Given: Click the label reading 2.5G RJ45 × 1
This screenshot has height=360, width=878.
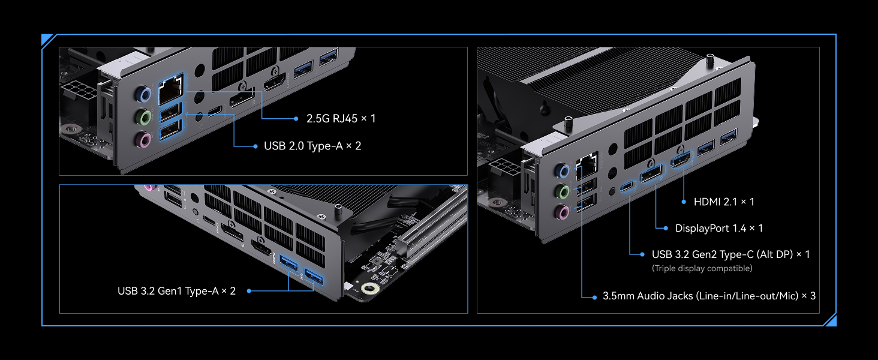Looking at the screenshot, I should (341, 118).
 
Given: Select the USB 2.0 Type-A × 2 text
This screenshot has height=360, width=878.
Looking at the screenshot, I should (312, 146).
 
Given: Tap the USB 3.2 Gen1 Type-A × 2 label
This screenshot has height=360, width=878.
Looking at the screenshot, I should (176, 291).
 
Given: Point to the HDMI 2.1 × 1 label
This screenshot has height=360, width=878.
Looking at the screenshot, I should (724, 202).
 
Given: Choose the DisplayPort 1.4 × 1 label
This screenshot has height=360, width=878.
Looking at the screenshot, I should (718, 228).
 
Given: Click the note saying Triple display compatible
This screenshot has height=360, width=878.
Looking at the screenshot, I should (702, 268).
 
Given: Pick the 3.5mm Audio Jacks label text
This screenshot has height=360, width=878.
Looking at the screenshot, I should (709, 296).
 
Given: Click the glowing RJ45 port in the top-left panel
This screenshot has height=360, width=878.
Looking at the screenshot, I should (170, 91).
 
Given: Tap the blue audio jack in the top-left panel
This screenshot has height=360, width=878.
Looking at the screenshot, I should (142, 94).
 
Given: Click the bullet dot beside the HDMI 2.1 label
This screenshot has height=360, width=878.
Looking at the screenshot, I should (684, 202).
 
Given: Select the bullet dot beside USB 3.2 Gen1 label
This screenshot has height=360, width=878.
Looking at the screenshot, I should (248, 291).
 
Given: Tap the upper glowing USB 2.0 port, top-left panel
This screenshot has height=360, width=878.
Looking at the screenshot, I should (170, 112).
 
